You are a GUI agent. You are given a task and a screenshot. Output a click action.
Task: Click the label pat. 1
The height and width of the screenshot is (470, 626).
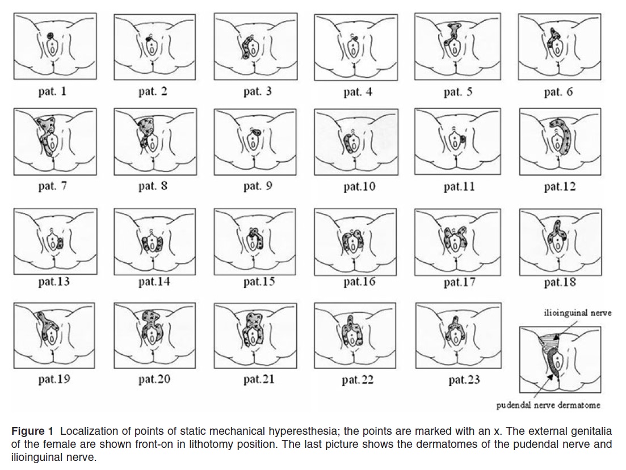click(x=52, y=91)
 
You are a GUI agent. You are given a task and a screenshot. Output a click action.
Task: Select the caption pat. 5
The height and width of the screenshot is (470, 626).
click(x=458, y=92)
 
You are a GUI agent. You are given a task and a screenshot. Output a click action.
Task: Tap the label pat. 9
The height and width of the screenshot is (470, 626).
click(x=258, y=186)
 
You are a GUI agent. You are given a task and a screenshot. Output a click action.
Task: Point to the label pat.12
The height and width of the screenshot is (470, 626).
click(x=560, y=187)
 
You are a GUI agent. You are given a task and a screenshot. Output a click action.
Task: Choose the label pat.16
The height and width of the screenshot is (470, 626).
click(x=359, y=282)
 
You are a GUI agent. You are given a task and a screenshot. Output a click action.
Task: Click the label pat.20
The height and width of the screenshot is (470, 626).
click(x=154, y=379)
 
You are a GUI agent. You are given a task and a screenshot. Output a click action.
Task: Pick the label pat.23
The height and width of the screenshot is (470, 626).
click(x=464, y=379)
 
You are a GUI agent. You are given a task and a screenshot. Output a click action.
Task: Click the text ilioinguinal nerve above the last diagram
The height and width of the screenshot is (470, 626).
click(x=577, y=313)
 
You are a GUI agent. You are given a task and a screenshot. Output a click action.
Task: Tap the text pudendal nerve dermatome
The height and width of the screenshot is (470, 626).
click(x=548, y=405)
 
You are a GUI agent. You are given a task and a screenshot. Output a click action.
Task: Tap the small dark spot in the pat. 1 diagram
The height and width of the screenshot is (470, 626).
click(x=51, y=36)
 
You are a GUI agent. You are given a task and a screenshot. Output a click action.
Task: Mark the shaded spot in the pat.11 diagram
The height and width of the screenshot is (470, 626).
click(x=463, y=139)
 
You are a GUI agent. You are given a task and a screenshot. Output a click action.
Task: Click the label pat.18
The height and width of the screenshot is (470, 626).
click(x=560, y=282)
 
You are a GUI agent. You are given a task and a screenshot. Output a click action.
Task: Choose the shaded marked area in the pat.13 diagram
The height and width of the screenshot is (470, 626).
click(x=60, y=243)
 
